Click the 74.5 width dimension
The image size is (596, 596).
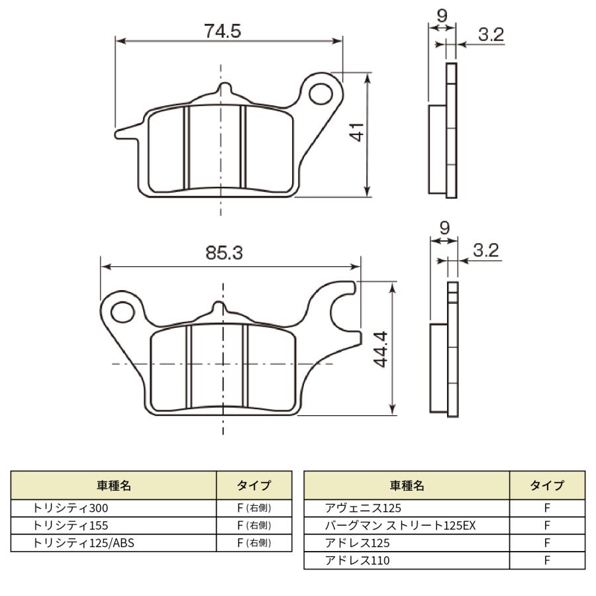pyautogui.click(x=223, y=31)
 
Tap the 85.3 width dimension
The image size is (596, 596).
pyautogui.click(x=224, y=253)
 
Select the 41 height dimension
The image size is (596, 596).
pyautogui.click(x=357, y=132)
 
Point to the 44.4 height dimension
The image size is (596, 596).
pyautogui.click(x=381, y=349)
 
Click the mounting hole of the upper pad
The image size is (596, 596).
pyautogui.click(x=321, y=94)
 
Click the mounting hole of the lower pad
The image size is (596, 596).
pyautogui.click(x=123, y=312)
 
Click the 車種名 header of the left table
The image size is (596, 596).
pyautogui.click(x=114, y=485)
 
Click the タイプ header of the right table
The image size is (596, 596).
pyautogui.click(x=548, y=485)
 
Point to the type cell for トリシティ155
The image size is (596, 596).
pyautogui.click(x=254, y=526)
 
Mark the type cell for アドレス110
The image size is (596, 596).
pyautogui.click(x=548, y=560)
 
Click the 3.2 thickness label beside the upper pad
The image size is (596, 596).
pyautogui.click(x=491, y=34)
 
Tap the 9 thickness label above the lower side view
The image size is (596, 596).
pyautogui.click(x=444, y=228)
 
